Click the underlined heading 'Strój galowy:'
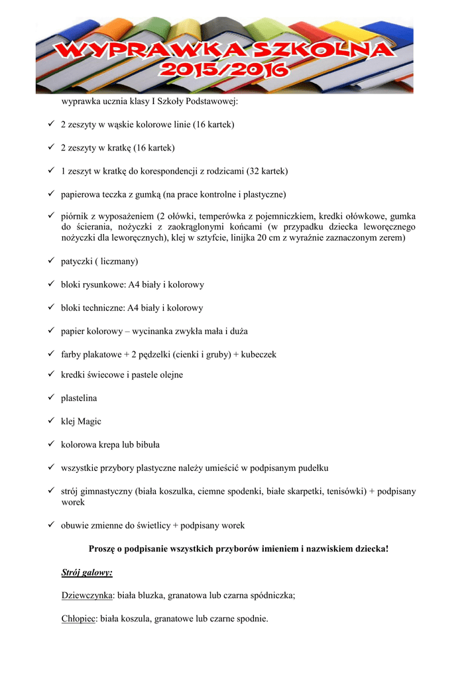click(x=87, y=572)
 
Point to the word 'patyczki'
click(x=78, y=262)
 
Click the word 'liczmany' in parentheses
click(x=119, y=262)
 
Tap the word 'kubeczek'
click(x=259, y=355)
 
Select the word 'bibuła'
click(x=146, y=445)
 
